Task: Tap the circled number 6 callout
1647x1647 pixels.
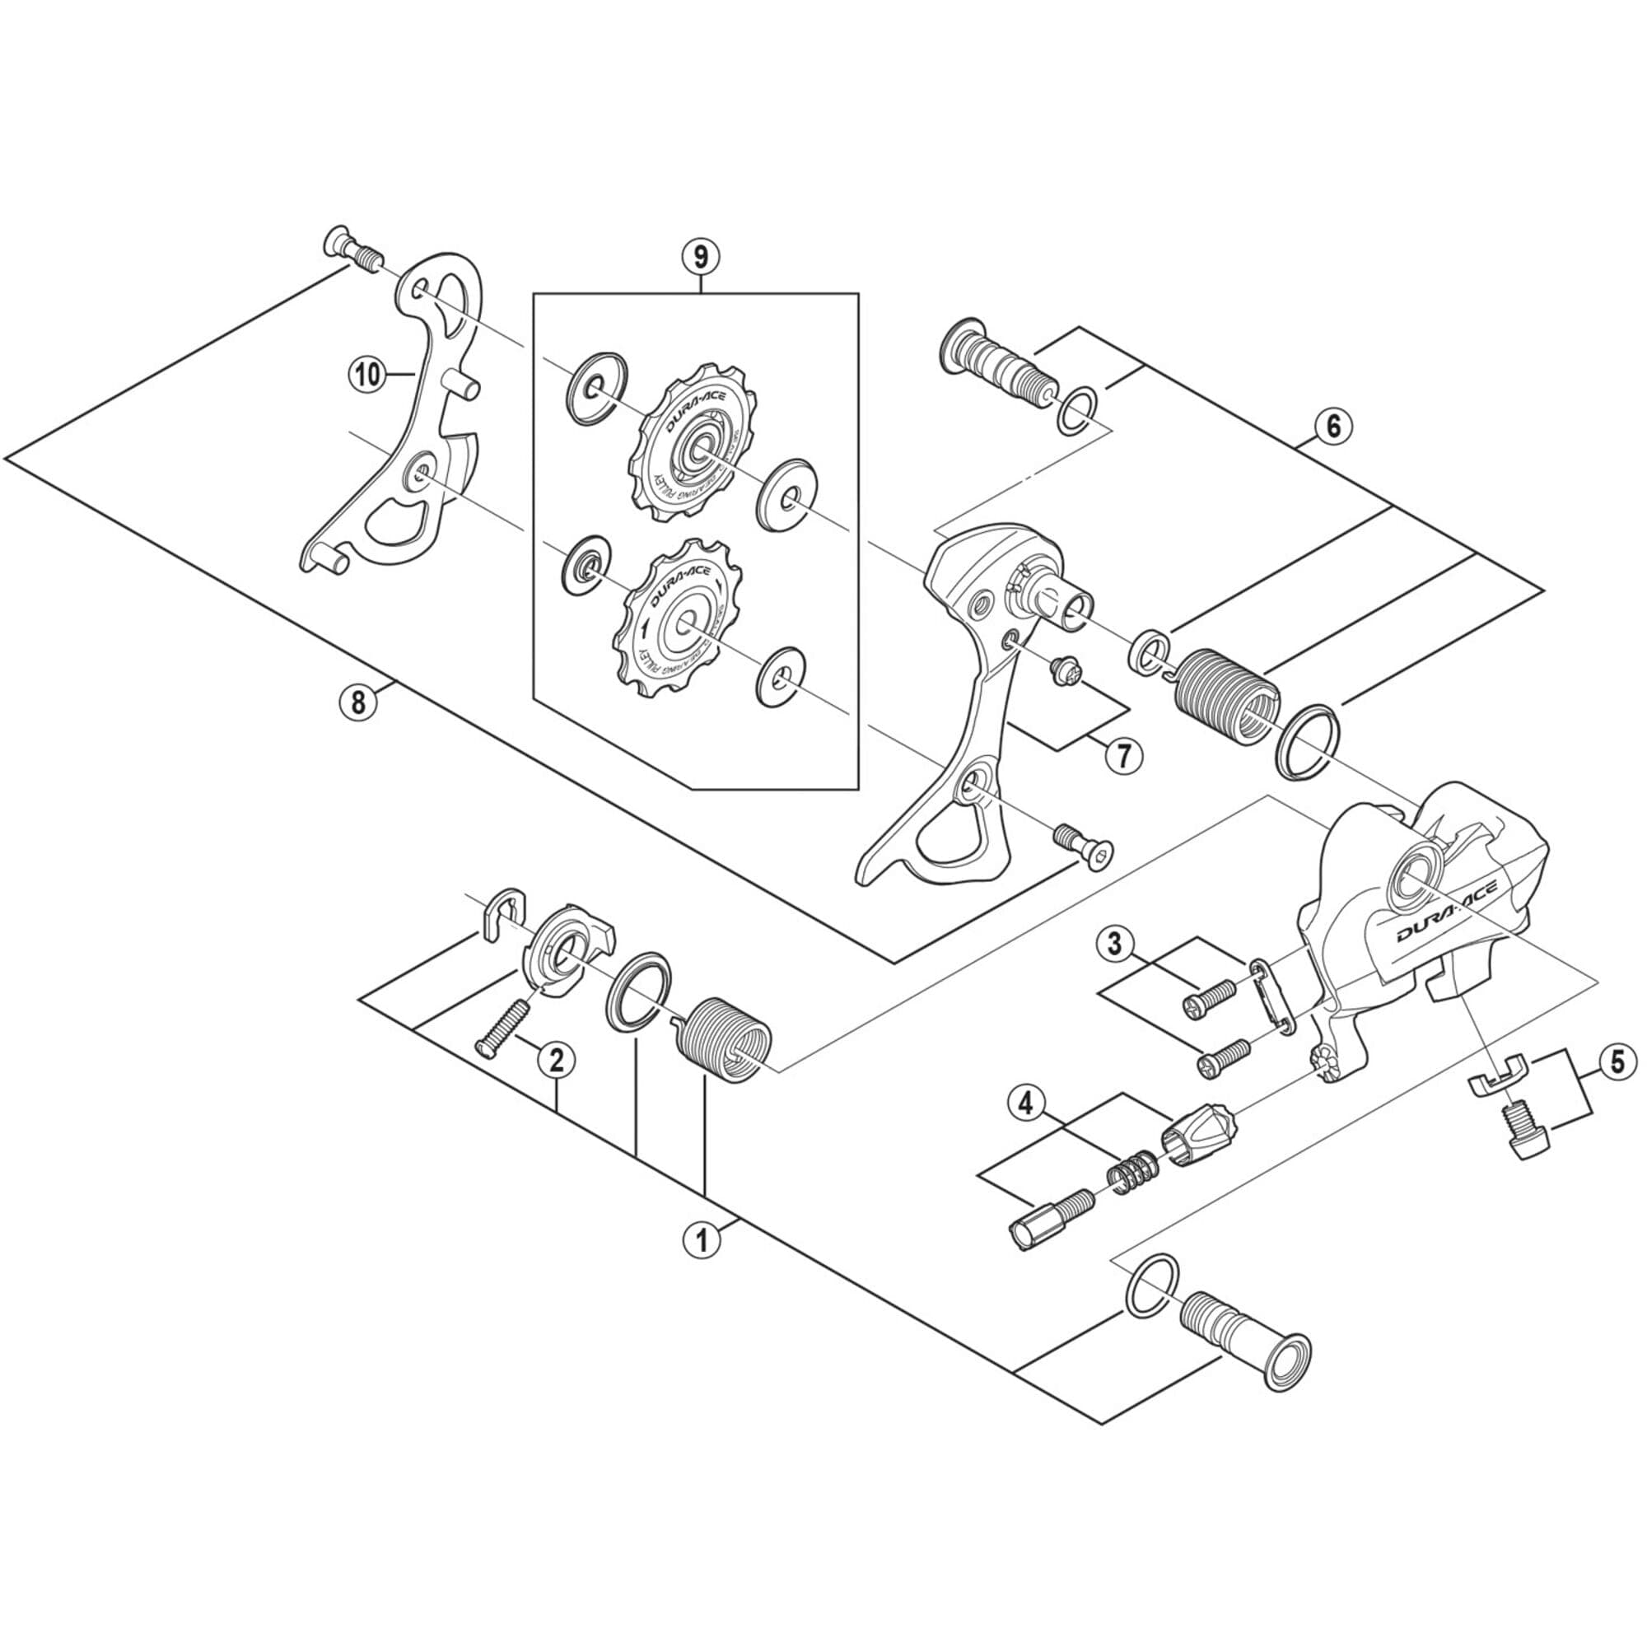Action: (1332, 425)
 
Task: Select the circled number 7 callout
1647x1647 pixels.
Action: (1123, 754)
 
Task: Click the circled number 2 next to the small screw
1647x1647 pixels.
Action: (556, 1060)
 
